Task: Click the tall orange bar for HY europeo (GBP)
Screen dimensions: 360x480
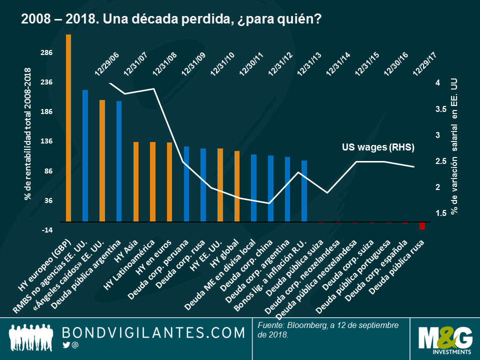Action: tap(68, 128)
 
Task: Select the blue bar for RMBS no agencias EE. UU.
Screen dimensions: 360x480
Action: tap(85, 155)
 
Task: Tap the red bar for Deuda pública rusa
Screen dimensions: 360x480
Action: tap(422, 225)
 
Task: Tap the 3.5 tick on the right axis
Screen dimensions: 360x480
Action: tap(441, 109)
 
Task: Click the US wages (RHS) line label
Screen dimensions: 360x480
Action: tap(378, 147)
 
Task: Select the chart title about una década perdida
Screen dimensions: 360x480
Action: tap(170, 19)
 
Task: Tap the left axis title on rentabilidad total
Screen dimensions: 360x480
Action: tap(28, 134)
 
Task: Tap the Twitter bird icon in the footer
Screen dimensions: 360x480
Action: tap(66, 345)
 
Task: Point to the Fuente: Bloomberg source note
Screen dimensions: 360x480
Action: tap(328, 330)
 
